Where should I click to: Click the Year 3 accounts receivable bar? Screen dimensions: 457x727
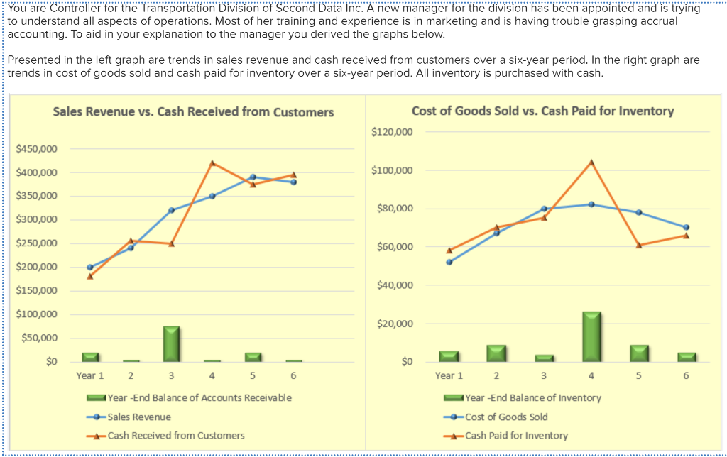coord(171,344)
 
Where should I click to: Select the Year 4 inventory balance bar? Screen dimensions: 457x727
coord(591,337)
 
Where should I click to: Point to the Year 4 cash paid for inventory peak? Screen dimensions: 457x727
coord(591,163)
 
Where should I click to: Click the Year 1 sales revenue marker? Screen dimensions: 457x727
coord(89,268)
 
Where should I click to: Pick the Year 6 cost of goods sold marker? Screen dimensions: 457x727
coord(687,227)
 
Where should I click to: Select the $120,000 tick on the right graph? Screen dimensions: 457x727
coord(391,132)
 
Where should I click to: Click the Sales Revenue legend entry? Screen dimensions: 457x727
coord(138,417)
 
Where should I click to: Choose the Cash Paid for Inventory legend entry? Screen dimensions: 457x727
coord(515,435)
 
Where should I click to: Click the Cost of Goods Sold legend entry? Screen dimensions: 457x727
coord(505,417)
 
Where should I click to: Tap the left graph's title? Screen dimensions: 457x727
coord(193,112)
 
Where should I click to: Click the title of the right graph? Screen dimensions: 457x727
coord(542,111)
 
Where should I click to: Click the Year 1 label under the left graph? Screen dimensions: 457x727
coord(90,375)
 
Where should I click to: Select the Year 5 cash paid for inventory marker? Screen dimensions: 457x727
coord(639,245)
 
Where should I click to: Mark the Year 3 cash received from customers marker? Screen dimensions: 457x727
coord(171,243)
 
